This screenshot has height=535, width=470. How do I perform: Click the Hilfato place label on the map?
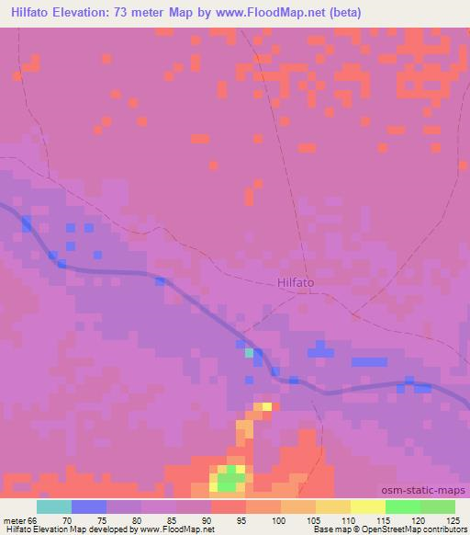pos(295,284)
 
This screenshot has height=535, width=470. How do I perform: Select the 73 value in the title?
pos(123,13)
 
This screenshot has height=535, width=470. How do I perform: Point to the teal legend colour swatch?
pos(53,507)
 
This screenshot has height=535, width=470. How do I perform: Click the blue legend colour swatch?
pos(88,507)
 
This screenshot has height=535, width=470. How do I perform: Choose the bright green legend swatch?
pos(403,507)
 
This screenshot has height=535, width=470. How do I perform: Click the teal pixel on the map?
pos(249,352)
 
